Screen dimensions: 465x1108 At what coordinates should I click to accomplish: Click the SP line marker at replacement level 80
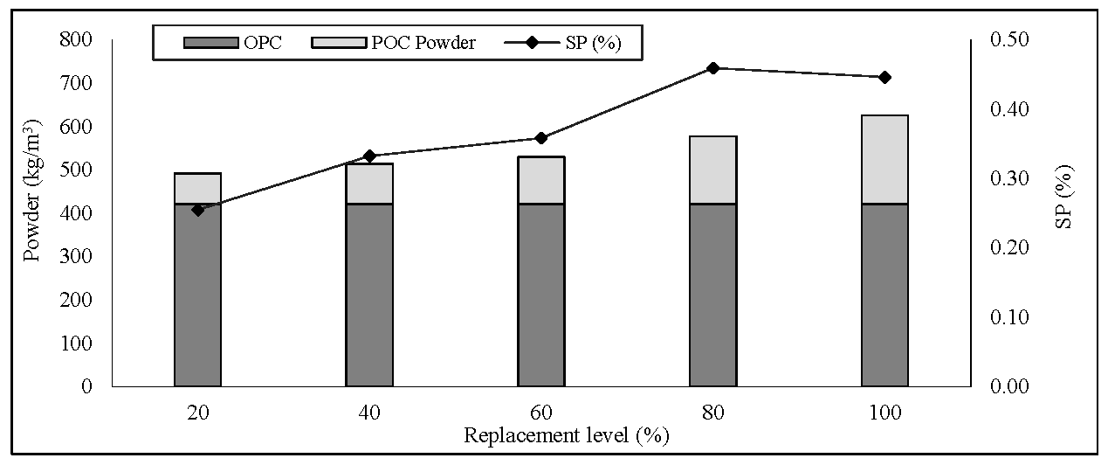[712, 68]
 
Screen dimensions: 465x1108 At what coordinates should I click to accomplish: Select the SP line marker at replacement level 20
[197, 210]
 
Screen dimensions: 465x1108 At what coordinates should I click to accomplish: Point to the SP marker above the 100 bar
[884, 78]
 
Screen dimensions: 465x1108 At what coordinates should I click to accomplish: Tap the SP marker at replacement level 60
[540, 138]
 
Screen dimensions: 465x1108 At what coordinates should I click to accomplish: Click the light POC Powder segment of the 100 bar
[884, 159]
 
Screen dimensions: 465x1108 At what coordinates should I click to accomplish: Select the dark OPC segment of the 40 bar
[369, 295]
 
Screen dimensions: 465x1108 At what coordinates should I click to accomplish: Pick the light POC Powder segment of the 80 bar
[712, 170]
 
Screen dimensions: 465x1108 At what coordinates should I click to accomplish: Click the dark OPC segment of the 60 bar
[540, 295]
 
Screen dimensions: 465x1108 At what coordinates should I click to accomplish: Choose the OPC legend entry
[232, 43]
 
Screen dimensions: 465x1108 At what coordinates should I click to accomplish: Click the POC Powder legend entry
[407, 43]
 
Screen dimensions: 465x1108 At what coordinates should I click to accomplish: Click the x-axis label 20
[197, 413]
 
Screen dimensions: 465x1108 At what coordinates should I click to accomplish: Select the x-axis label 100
[884, 413]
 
